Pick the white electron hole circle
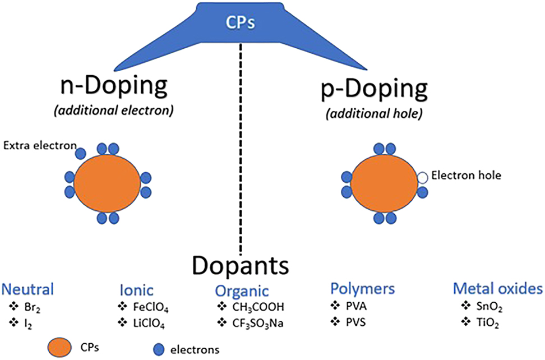coord(422,178)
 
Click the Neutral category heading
coord(28,290)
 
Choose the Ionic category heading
coord(136,290)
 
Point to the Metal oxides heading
coord(497,289)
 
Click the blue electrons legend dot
coord(159,348)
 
